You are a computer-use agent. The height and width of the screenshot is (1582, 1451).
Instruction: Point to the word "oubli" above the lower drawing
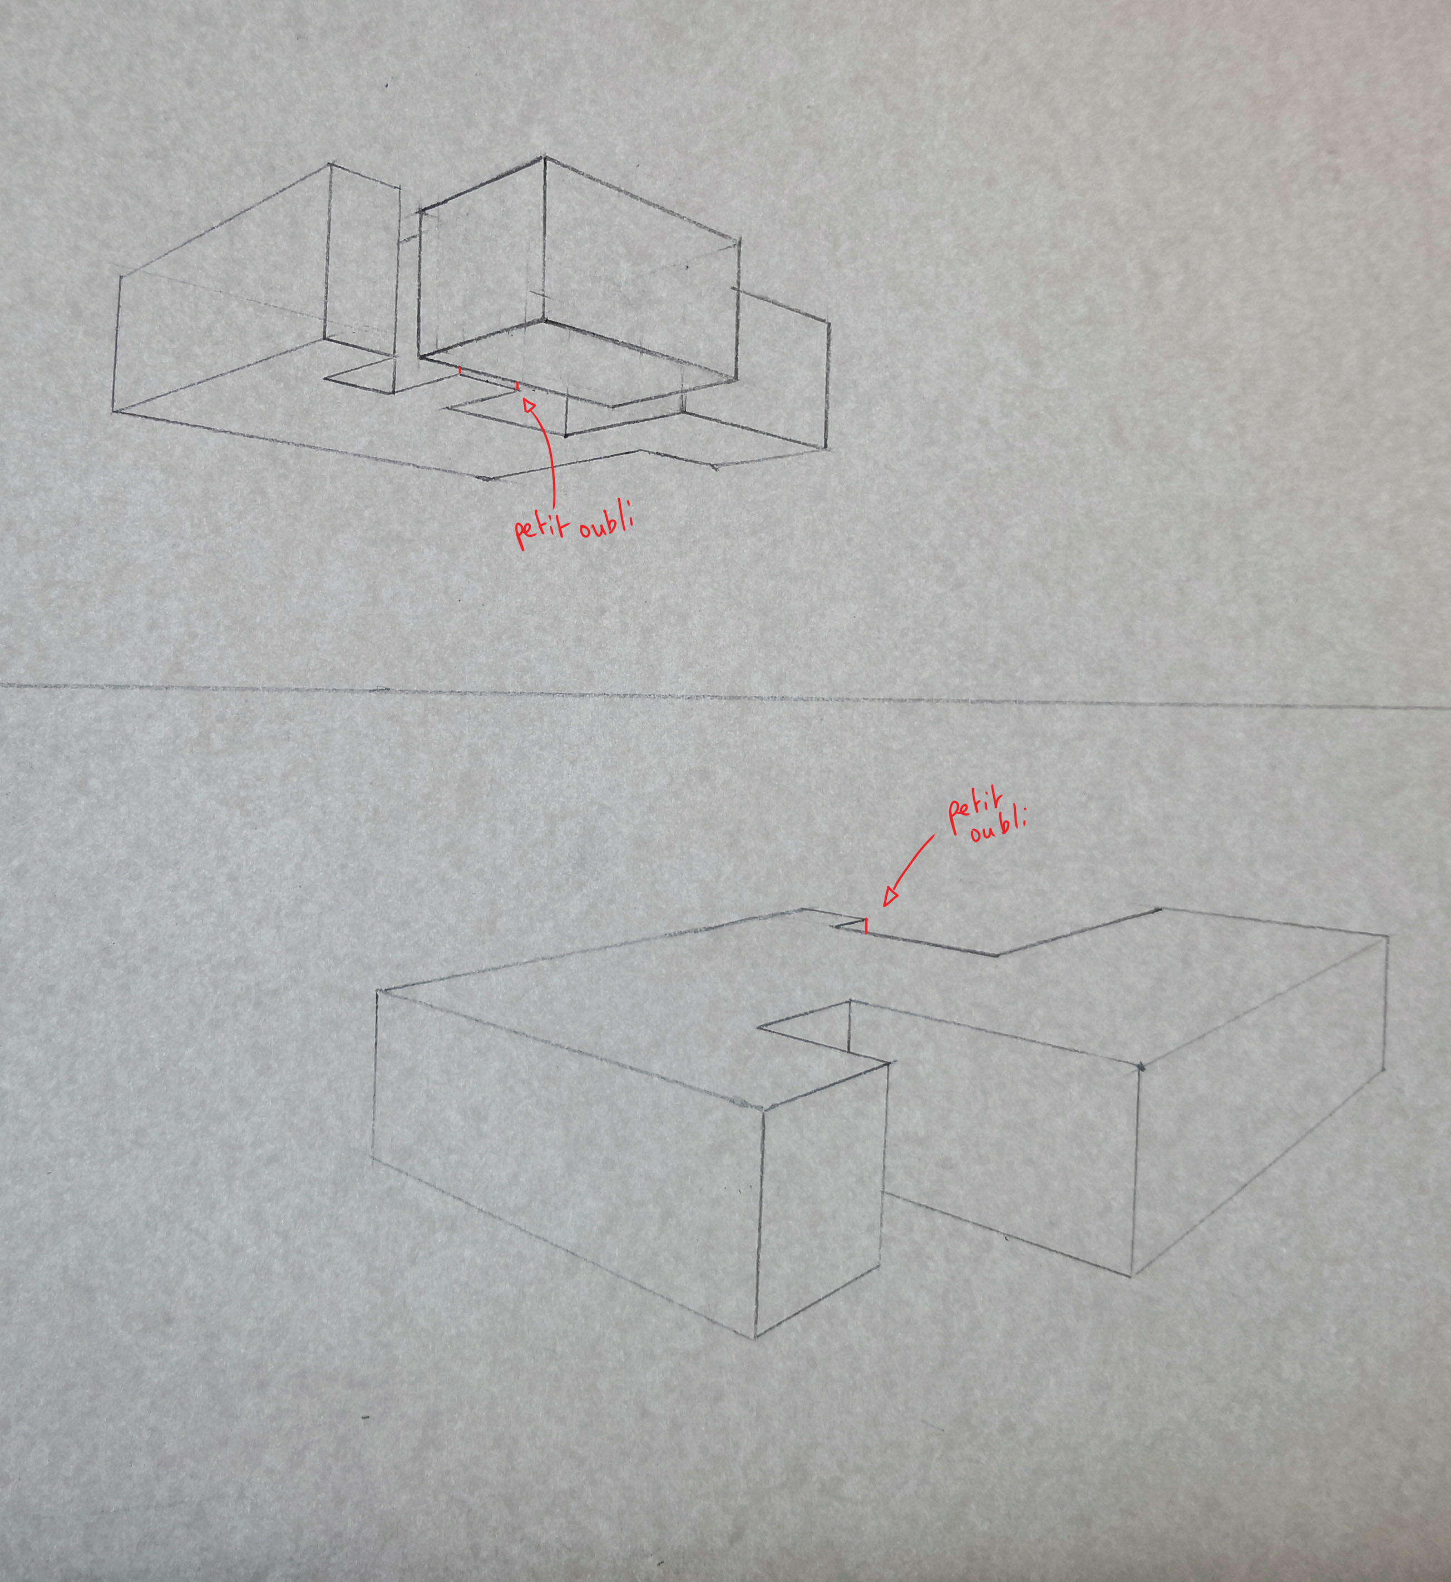(x=998, y=828)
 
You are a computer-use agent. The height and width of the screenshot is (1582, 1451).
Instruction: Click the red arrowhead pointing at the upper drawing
(x=529, y=405)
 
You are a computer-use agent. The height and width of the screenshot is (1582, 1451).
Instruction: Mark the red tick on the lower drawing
(x=865, y=926)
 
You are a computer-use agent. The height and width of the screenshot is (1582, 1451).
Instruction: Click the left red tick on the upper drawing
(x=460, y=370)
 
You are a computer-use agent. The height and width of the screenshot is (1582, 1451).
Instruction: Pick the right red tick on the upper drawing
(x=517, y=386)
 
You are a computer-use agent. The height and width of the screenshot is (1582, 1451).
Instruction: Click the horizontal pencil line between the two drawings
(x=725, y=696)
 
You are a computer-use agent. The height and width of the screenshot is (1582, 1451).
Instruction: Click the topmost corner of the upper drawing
(x=545, y=158)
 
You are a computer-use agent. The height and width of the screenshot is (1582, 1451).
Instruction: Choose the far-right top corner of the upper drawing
(x=829, y=322)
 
